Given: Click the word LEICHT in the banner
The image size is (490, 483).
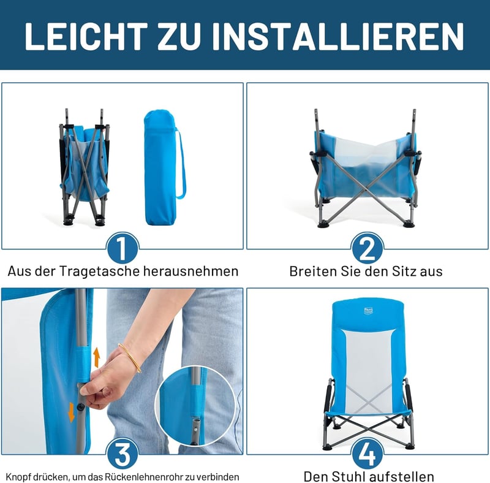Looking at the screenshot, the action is point(86,36).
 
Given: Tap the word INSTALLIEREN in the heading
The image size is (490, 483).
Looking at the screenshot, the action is point(338,36).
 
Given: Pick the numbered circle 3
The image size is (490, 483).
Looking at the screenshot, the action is point(123,454).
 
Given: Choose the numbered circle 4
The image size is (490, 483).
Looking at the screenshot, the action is point(367,454).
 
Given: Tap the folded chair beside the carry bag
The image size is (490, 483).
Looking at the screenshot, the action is point(85,167).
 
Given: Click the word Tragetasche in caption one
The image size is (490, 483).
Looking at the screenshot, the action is point(99,271).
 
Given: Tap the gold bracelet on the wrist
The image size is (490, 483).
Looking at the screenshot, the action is point(130,358).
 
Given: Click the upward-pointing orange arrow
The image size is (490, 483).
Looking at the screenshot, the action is point(97,357).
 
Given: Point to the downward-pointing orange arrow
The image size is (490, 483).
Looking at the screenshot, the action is point(72,413).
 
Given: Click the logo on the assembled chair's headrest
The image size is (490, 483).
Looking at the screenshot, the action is point(369,311).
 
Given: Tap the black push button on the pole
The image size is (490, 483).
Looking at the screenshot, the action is point(81,407).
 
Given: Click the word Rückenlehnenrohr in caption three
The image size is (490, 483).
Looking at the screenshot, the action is point(144,477).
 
